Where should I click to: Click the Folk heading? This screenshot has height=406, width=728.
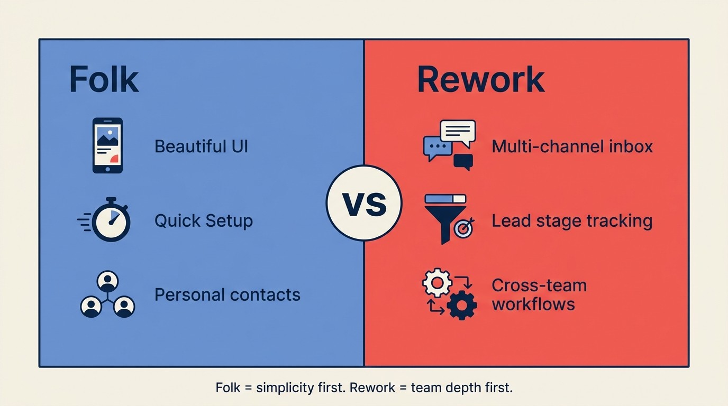pos(104,80)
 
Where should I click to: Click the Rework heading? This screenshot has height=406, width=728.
pos(480,80)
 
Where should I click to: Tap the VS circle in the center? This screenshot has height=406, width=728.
pos(364,204)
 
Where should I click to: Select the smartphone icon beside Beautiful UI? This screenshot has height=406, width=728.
pos(107,145)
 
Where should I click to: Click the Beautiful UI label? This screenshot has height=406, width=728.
pos(201,146)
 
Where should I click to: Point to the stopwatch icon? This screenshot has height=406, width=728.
pos(110,220)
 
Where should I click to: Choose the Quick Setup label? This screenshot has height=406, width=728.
pos(203,220)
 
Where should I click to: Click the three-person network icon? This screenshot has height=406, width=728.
pos(107,295)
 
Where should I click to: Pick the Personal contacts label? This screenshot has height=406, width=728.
pos(227,294)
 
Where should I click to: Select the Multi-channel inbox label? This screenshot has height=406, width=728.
pos(572,146)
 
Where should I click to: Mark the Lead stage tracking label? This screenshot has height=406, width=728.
pos(571,220)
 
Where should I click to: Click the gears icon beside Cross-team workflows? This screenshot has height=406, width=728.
pos(449,294)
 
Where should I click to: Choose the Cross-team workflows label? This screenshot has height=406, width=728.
pos(539,294)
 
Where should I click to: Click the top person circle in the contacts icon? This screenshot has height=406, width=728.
pos(107,281)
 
